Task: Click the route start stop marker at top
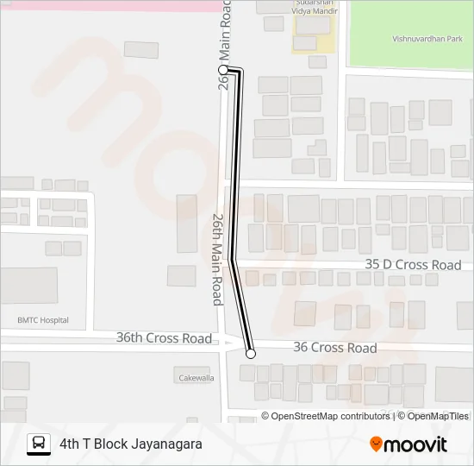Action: point(223,69)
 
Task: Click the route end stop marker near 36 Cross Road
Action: point(251,353)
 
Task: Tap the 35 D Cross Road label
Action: point(413,265)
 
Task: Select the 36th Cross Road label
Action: point(164,338)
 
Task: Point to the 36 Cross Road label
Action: point(334,348)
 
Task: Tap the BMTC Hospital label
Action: point(43,320)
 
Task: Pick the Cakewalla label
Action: point(196,378)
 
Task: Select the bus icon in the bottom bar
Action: point(39,444)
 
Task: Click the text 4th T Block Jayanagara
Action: point(131,444)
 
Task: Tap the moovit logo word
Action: point(415,444)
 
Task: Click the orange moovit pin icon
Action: point(376,444)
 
